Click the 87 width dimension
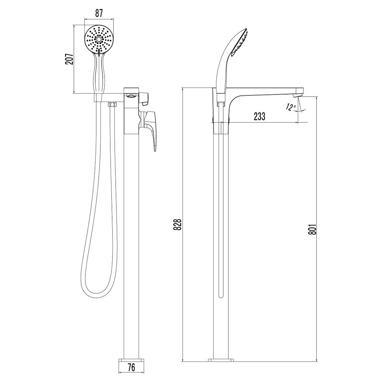[99, 13]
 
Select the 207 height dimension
[69, 59]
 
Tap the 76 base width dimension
[131, 367]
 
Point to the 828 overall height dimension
[178, 224]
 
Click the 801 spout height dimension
[313, 229]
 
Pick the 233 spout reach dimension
[259, 116]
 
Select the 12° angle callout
[291, 107]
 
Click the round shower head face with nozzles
[99, 39]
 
